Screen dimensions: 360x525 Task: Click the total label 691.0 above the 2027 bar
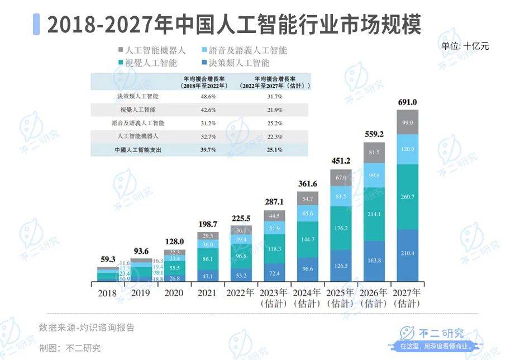(x=408, y=102)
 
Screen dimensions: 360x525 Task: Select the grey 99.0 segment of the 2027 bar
(x=408, y=122)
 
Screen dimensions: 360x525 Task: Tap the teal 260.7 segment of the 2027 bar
(x=408, y=197)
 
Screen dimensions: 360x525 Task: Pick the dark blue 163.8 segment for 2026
(x=374, y=260)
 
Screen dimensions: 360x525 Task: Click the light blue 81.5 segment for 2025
(x=341, y=197)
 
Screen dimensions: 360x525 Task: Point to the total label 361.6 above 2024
(x=307, y=184)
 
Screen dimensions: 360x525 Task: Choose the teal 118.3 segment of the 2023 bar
(x=274, y=249)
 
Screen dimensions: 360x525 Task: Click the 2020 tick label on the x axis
(x=174, y=292)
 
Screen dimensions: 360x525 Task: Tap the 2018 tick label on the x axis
(x=107, y=292)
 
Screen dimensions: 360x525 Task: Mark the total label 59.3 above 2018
(x=107, y=259)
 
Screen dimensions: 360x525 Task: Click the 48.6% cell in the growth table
(x=204, y=97)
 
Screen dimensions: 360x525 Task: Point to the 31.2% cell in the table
(x=204, y=124)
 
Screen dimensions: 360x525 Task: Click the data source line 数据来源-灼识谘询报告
(x=87, y=328)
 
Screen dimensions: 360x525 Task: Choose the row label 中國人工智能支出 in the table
(x=137, y=150)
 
